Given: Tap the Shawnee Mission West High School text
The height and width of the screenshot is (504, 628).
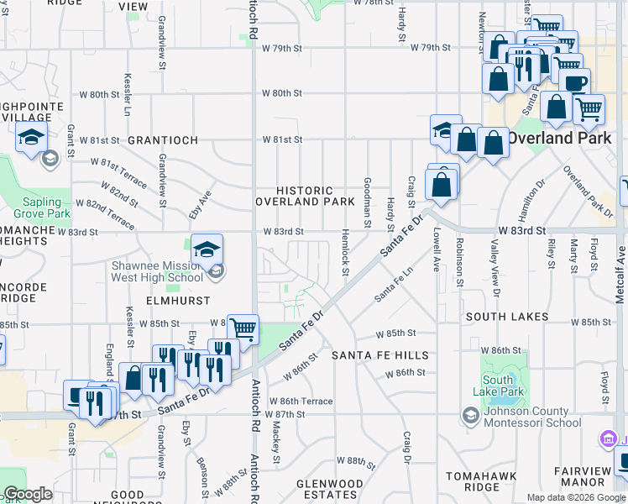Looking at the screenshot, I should coord(157,271).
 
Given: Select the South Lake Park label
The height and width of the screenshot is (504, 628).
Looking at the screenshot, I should coord(498,386).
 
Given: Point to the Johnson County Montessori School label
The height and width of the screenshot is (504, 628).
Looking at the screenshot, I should coord(527,416).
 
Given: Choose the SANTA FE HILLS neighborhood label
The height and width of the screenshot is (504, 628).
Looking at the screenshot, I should coord(380,355).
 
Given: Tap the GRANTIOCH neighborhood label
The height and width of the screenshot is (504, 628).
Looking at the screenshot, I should coord(163,139).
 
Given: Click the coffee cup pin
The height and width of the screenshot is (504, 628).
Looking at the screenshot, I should coord(576,83).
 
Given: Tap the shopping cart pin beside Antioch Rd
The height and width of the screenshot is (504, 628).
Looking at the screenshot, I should coord(243,329).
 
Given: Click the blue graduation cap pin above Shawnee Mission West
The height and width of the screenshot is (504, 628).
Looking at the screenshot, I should coord(207,249).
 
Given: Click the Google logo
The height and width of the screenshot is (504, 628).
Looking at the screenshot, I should coord(28,494).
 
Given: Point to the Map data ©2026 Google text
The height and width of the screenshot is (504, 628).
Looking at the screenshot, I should coord(576,497).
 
